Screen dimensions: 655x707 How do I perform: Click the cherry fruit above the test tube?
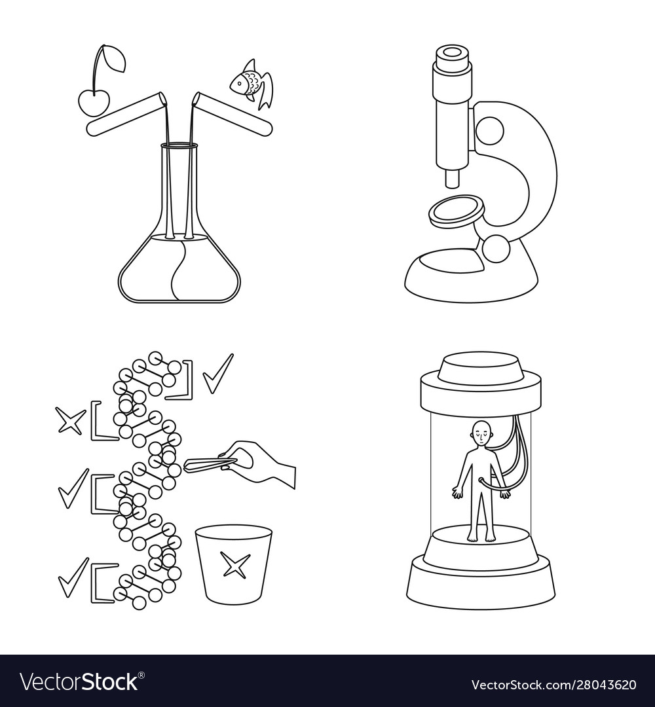[x=94, y=102]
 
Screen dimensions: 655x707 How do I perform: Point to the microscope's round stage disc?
[x=457, y=210]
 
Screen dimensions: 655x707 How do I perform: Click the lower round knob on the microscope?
[x=496, y=249]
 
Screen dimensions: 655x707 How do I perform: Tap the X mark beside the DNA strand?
[x=70, y=421]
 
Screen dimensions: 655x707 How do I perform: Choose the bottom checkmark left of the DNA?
[x=73, y=577]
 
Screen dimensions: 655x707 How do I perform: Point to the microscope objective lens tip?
[x=453, y=178]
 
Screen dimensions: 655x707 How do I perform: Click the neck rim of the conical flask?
[x=179, y=146]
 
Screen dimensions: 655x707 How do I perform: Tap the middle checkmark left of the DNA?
[x=73, y=489]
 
